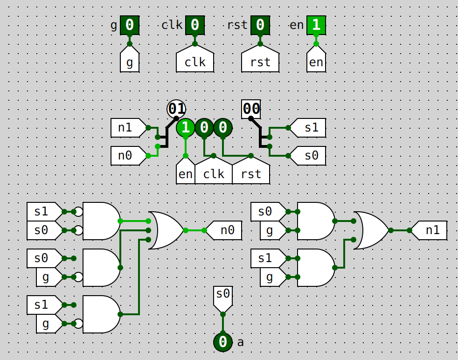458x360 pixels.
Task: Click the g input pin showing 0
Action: pyautogui.click(x=130, y=25)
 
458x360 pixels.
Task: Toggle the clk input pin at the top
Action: pyautogui.click(x=195, y=25)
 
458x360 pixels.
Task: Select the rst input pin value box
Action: pyautogui.click(x=260, y=25)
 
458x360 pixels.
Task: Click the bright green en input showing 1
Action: pyautogui.click(x=316, y=25)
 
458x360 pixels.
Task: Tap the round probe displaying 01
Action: pyautogui.click(x=176, y=109)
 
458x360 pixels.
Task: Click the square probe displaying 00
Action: pyautogui.click(x=251, y=109)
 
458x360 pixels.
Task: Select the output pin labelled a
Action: pyautogui.click(x=223, y=342)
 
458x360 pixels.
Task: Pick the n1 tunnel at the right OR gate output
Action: pyautogui.click(x=429, y=230)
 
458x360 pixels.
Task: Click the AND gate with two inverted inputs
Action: pyautogui.click(x=100, y=221)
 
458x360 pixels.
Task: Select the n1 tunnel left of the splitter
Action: pyautogui.click(x=127, y=127)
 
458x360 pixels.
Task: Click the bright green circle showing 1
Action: pyautogui.click(x=186, y=127)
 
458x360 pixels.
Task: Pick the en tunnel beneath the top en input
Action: pyautogui.click(x=316, y=61)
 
